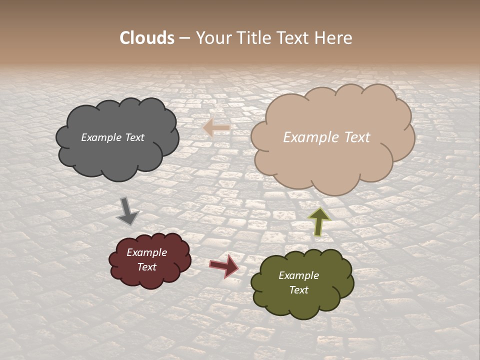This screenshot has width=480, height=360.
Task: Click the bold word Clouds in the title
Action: point(147,38)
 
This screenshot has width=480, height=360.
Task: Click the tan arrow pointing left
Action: point(216,128)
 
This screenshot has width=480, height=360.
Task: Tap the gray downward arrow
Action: point(127,210)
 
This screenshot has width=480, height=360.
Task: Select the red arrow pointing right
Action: point(224,265)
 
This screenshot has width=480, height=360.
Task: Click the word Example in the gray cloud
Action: point(101,137)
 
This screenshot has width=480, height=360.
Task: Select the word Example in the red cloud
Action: point(147,252)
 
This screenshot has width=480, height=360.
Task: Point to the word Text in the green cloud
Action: point(299,290)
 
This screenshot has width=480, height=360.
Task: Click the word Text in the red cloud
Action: point(147,267)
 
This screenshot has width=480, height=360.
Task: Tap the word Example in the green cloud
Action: point(299,275)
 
